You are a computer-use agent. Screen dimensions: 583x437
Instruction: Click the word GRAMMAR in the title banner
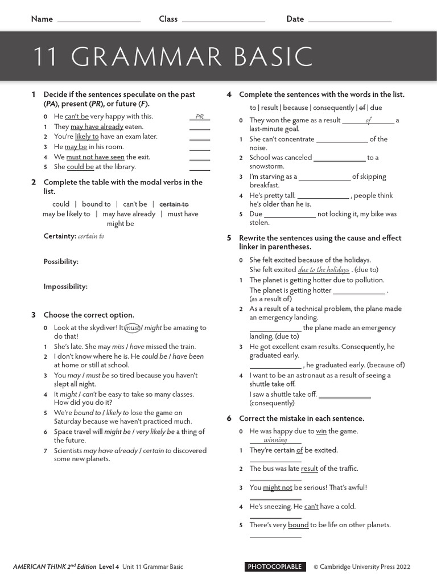click(x=147, y=57)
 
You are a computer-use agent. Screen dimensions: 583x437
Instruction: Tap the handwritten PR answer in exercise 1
click(x=199, y=117)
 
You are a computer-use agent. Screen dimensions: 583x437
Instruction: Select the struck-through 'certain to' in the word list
click(x=174, y=204)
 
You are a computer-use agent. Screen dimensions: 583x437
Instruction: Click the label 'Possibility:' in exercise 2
click(x=61, y=261)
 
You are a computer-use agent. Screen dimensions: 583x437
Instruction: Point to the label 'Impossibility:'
click(x=65, y=286)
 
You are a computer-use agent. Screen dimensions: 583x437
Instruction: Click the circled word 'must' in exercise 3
click(x=132, y=328)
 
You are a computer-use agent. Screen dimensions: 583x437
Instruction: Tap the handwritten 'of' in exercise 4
click(x=368, y=120)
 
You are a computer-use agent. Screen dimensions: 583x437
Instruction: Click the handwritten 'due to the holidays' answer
click(x=323, y=270)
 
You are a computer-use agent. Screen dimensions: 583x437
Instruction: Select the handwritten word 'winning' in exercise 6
click(x=275, y=440)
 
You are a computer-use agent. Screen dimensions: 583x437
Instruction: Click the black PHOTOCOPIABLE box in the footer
click(x=274, y=566)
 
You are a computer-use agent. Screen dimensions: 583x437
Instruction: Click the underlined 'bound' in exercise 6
click(x=298, y=525)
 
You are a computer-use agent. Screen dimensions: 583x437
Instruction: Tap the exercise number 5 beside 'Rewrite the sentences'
click(x=229, y=238)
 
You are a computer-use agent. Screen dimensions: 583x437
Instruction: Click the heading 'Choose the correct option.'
click(x=89, y=315)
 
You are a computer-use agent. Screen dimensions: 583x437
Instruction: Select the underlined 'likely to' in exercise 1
click(x=86, y=137)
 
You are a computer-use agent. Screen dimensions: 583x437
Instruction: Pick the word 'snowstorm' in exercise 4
click(x=267, y=166)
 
